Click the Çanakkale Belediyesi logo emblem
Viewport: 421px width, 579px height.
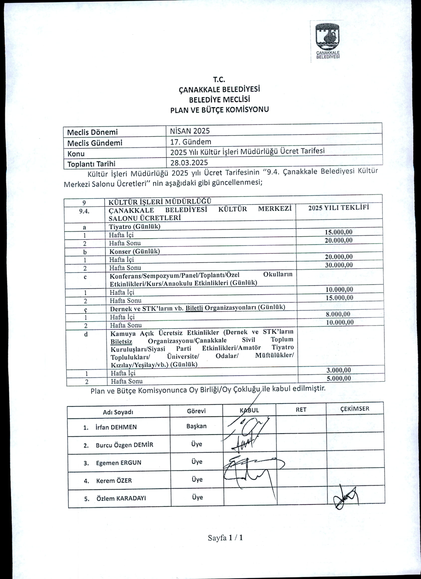click(328, 37)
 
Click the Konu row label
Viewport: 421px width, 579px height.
click(76, 154)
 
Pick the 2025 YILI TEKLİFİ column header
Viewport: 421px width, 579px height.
click(338, 208)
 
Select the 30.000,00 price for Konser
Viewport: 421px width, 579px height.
click(339, 265)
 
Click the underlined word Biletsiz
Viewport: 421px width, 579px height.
click(121, 342)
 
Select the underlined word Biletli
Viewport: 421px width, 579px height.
click(194, 308)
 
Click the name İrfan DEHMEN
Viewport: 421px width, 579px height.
click(116, 427)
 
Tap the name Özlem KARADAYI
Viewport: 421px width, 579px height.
click(121, 498)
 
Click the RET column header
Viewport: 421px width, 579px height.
click(301, 410)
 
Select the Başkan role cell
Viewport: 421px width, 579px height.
click(196, 426)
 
